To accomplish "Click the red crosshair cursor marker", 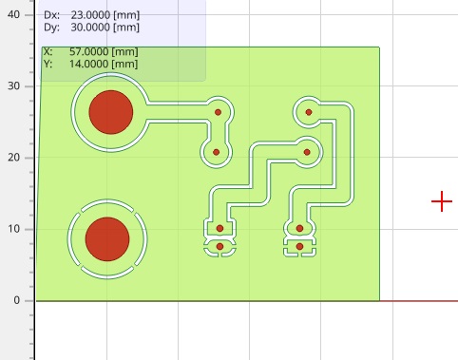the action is click(x=442, y=201).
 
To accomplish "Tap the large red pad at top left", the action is click(x=111, y=112).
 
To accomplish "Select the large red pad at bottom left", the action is click(x=107, y=239).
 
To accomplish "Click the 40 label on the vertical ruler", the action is click(x=13, y=14).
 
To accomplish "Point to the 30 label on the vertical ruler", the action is click(x=13, y=85).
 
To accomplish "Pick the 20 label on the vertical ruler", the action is click(x=13, y=158).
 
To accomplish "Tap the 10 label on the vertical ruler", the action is click(x=13, y=229).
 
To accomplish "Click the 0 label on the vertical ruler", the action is click(x=17, y=300).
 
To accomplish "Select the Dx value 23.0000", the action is click(x=90, y=15).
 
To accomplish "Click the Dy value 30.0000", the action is click(x=90, y=28).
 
